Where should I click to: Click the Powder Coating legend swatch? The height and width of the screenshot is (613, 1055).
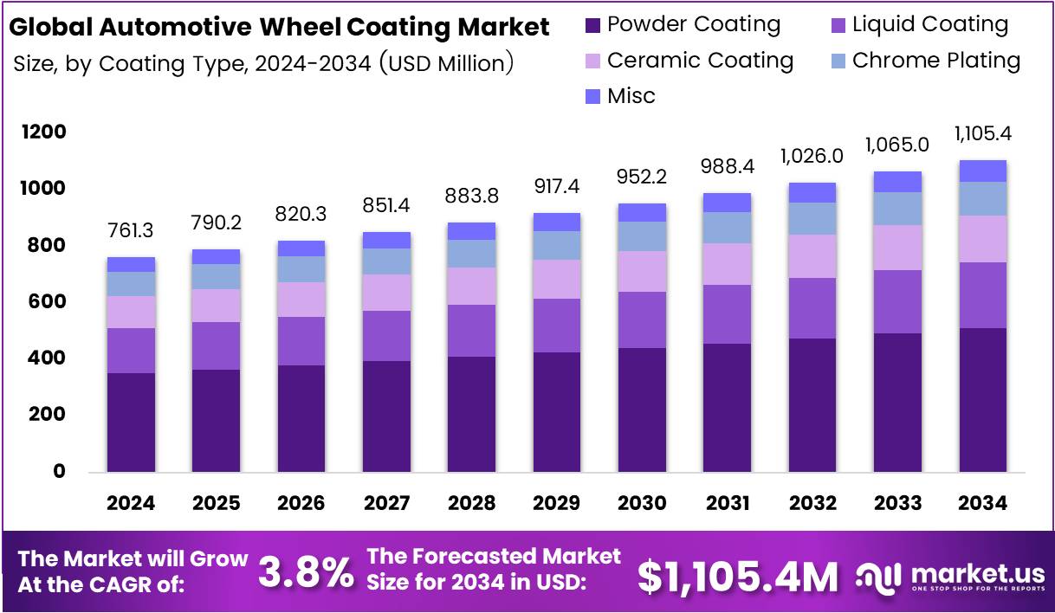592,26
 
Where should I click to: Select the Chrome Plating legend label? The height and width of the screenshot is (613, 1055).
935,61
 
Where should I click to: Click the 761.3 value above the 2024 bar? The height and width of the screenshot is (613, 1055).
131,230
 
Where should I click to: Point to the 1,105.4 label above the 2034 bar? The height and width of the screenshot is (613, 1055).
983,134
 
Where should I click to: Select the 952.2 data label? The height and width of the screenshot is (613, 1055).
642,177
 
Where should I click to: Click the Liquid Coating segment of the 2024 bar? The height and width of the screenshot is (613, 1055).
131,351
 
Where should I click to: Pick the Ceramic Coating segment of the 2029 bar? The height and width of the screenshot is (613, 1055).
557,280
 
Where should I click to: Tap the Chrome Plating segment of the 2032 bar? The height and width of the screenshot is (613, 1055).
812,219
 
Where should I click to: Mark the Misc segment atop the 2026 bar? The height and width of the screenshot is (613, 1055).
301,248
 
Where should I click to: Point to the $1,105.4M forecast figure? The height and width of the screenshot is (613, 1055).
738,575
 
